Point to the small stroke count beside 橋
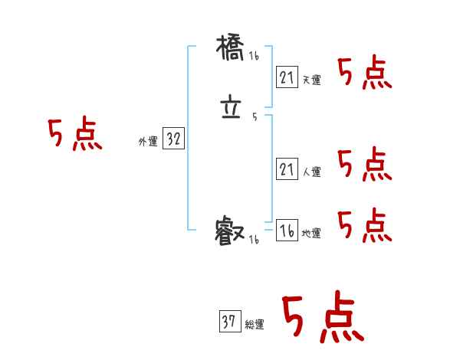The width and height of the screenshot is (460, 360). click(x=254, y=57)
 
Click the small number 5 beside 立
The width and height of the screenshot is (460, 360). click(x=255, y=117)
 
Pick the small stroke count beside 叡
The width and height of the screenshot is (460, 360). click(x=254, y=240)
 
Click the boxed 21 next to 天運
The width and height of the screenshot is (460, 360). click(x=287, y=77)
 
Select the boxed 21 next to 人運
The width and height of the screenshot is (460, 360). click(x=287, y=170)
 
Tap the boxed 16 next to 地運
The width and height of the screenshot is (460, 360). click(x=287, y=231)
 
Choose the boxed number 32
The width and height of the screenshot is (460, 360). click(x=173, y=139)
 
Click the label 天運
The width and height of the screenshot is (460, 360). click(x=311, y=80)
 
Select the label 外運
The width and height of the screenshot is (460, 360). click(x=148, y=142)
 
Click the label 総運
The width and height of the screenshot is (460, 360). click(x=255, y=325)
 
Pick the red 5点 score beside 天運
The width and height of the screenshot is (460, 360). click(x=364, y=74)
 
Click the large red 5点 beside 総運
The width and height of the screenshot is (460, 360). click(x=322, y=318)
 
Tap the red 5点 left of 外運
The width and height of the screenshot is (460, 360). click(x=74, y=135)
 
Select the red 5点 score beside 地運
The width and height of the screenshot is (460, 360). click(x=364, y=225)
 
